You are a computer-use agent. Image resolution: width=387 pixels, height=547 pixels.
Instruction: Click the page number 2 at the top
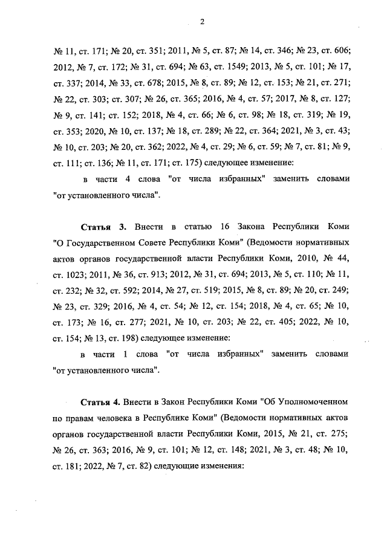(202, 22)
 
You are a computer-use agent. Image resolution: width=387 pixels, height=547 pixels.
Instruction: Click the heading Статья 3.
(103, 227)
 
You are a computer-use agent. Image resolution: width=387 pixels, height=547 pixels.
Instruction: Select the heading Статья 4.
(100, 401)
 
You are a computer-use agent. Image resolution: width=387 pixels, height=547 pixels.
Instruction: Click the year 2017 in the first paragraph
(287, 98)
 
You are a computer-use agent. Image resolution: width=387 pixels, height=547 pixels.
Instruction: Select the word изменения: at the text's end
(218, 467)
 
